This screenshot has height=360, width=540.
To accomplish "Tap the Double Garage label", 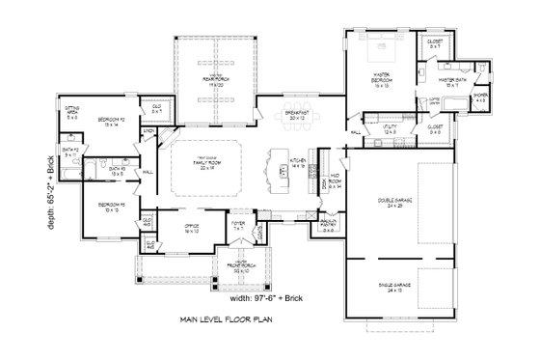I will pyautogui.click(x=392, y=205).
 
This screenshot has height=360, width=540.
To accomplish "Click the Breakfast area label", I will pyautogui.click(x=297, y=115).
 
